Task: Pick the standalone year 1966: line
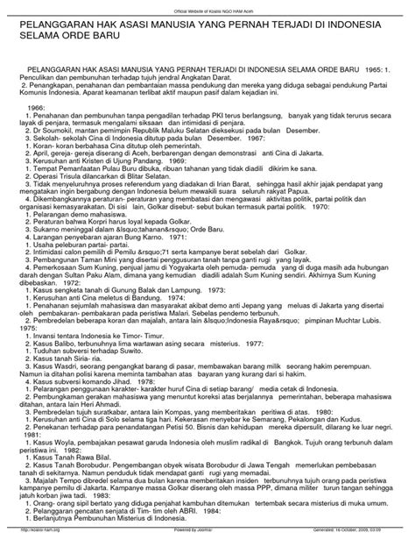coord(36,103)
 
